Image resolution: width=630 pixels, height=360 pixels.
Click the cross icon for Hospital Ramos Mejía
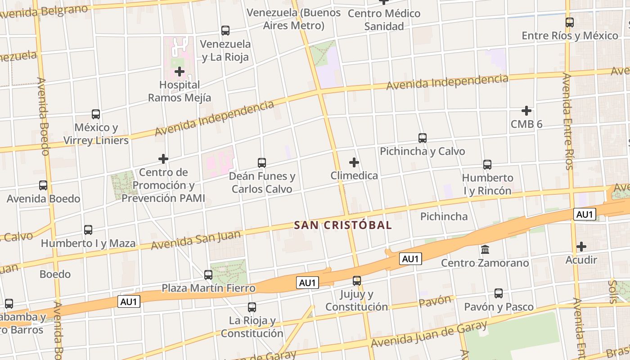pyautogui.click(x=180, y=72)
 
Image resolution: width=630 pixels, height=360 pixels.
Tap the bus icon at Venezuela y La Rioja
pyautogui.click(x=225, y=31)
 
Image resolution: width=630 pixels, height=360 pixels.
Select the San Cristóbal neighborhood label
pyautogui.click(x=343, y=225)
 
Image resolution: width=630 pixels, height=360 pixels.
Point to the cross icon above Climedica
pyautogui.click(x=354, y=162)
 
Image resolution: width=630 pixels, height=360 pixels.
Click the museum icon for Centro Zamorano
pyautogui.click(x=485, y=249)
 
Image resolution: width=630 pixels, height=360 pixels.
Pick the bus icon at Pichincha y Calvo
pyautogui.click(x=422, y=138)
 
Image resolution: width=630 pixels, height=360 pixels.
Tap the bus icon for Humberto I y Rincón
pyautogui.click(x=487, y=165)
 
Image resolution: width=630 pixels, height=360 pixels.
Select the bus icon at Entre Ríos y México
pyautogui.click(x=570, y=22)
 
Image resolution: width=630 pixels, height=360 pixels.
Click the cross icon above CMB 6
pyautogui.click(x=526, y=110)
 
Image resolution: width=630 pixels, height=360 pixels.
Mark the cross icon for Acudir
pyautogui.click(x=581, y=247)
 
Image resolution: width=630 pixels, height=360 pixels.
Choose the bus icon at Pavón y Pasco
pyautogui.click(x=499, y=293)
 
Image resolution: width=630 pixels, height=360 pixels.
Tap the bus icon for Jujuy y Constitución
pyautogui.click(x=357, y=281)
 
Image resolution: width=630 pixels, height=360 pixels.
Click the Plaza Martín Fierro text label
pyautogui.click(x=208, y=288)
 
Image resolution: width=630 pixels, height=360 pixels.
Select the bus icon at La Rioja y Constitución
pyautogui.click(x=252, y=307)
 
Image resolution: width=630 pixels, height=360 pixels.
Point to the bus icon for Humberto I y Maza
pyautogui.click(x=88, y=230)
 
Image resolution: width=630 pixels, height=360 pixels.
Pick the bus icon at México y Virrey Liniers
pyautogui.click(x=96, y=114)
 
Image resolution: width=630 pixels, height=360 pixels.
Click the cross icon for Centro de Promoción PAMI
pyautogui.click(x=163, y=159)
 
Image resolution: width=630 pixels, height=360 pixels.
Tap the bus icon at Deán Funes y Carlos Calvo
pyautogui.click(x=262, y=163)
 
